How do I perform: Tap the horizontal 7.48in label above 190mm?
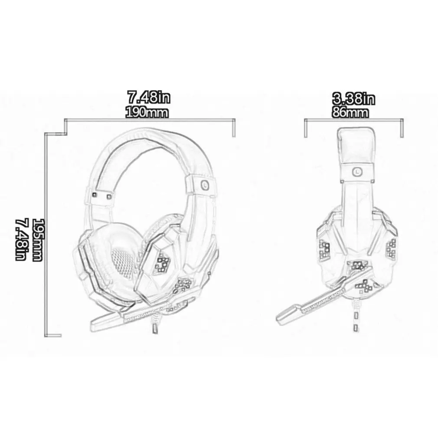point(148,97)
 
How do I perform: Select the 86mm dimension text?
point(350,113)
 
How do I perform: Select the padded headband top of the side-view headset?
point(356,143)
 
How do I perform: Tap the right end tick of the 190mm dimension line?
point(234,127)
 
